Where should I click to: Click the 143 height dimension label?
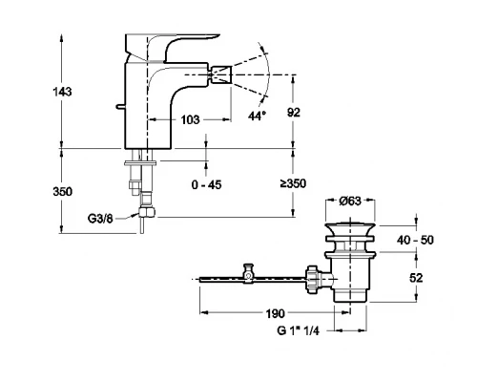[x=62, y=92]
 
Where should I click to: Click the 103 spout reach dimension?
[x=190, y=119]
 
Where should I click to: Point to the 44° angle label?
[x=257, y=116]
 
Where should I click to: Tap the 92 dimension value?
[x=293, y=113]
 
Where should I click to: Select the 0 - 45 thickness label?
[x=206, y=184]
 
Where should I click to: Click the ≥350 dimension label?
[x=293, y=183]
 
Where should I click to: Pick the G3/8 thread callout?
[x=100, y=219]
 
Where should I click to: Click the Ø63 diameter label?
[x=350, y=201]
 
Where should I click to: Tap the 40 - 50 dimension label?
[x=415, y=240]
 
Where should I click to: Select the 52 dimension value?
[x=416, y=278]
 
